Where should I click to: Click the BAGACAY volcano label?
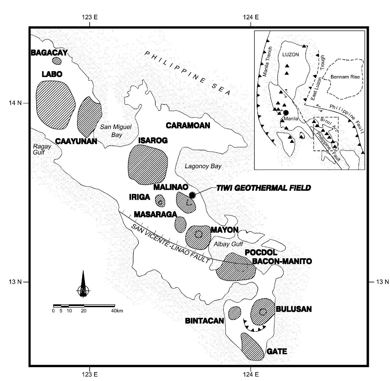49,53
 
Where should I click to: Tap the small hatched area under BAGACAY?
57,61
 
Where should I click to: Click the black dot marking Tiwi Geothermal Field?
192,195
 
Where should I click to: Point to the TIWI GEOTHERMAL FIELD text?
263,188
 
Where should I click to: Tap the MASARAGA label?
155,214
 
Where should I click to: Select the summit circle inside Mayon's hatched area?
198,234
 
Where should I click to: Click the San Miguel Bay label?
116,131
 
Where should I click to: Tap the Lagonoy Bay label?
203,166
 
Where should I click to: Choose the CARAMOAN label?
188,125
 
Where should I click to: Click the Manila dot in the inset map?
286,113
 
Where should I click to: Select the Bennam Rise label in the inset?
345,77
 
